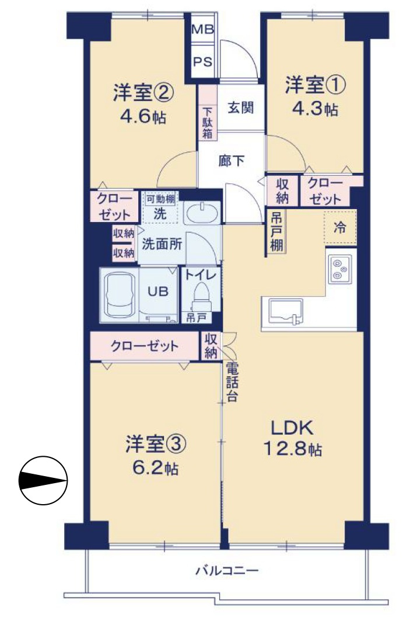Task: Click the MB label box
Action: tap(202, 28)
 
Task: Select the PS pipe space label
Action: tap(202, 61)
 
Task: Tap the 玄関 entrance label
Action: tap(240, 108)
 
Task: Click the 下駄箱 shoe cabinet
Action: tap(207, 122)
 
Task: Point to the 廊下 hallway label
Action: tap(231, 161)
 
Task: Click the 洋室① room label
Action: tap(315, 85)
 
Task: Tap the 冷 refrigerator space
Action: tap(339, 228)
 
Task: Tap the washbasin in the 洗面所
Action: tap(202, 213)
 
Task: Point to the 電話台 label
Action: tap(232, 382)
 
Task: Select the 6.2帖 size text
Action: tap(155, 467)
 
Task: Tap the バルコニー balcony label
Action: tap(227, 570)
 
